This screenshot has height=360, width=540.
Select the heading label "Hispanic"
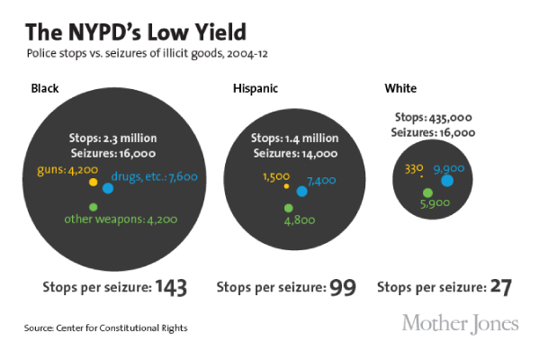pos(256,88)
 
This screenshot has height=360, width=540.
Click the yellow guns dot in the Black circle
pos(93,183)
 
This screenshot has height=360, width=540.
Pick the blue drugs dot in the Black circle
pos(108,188)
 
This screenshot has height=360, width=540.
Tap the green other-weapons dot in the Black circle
pos(93,208)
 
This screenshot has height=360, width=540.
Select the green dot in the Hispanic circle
pos(288,208)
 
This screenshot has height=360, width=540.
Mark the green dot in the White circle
pos(427,193)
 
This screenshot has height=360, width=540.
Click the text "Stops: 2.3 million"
pos(113,138)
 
